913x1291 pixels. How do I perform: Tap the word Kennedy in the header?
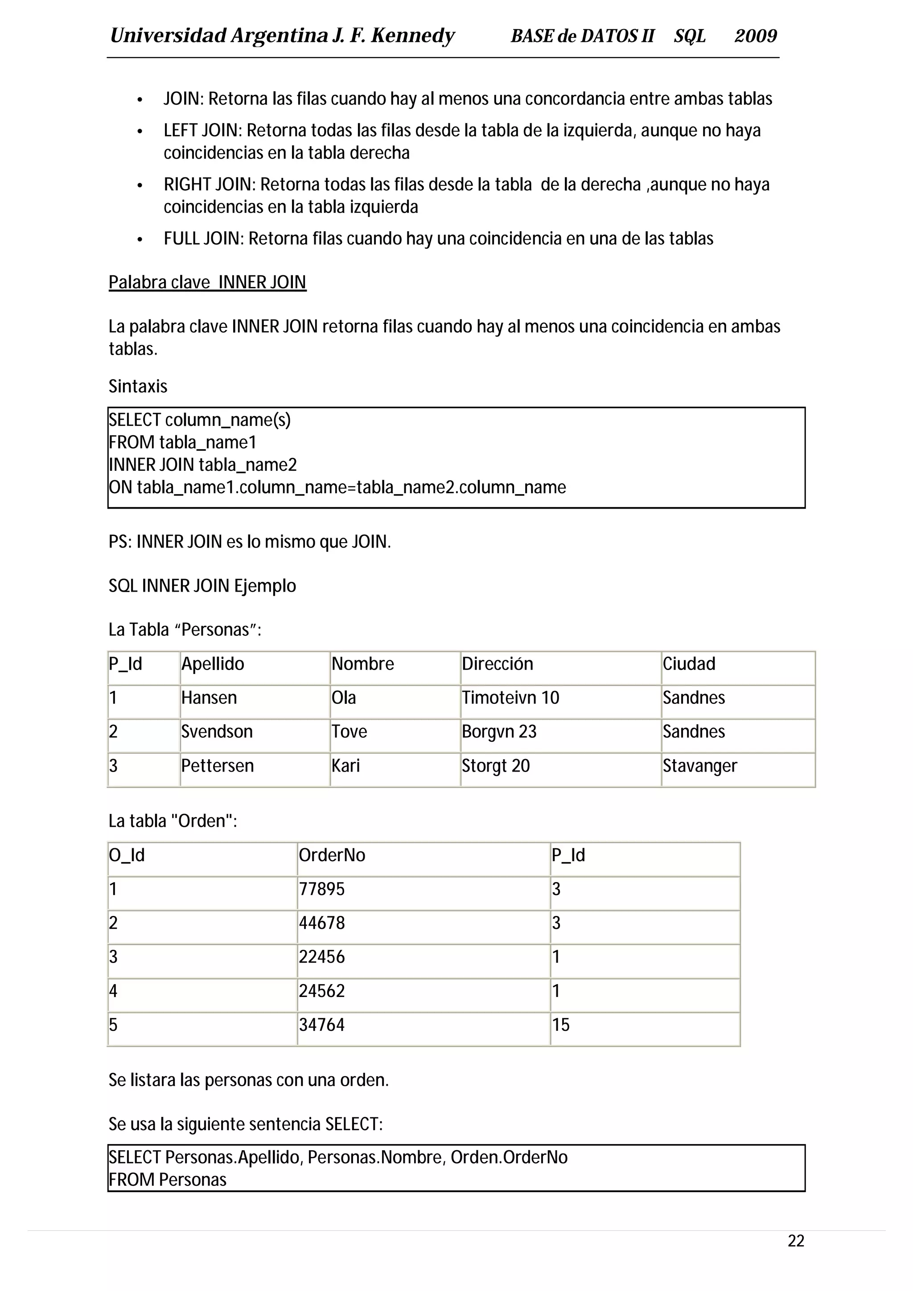pyautogui.click(x=412, y=36)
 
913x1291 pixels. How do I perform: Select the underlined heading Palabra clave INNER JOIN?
pyautogui.click(x=207, y=282)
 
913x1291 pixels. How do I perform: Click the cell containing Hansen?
pyautogui.click(x=209, y=698)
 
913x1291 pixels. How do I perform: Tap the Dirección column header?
pyautogui.click(x=497, y=664)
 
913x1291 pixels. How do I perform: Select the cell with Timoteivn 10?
pyautogui.click(x=510, y=698)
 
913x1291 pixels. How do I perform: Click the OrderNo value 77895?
pyautogui.click(x=322, y=889)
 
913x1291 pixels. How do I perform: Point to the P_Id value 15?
pyautogui.click(x=560, y=1025)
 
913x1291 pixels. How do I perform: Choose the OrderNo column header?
pyautogui.click(x=332, y=855)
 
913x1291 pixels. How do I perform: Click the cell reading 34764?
pyautogui.click(x=322, y=1025)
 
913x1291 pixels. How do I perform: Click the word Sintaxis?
pyautogui.click(x=138, y=386)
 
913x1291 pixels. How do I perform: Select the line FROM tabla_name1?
pyautogui.click(x=182, y=442)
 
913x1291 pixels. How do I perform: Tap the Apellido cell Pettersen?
pyautogui.click(x=217, y=766)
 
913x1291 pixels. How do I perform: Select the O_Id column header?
pyautogui.click(x=127, y=855)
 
